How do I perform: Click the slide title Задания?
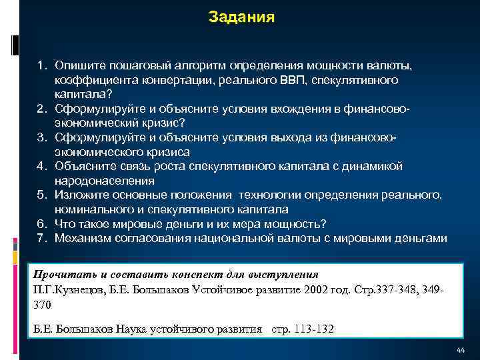point(241,16)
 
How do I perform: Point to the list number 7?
point(42,237)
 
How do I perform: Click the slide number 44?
point(460,351)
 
